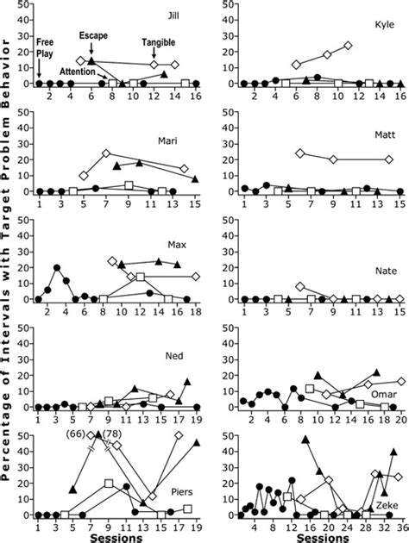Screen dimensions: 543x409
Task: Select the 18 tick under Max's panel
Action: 195,310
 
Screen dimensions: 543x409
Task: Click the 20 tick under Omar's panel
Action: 400,418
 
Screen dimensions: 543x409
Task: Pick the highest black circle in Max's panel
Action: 58,268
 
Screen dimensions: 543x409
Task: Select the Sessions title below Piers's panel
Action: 116,536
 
